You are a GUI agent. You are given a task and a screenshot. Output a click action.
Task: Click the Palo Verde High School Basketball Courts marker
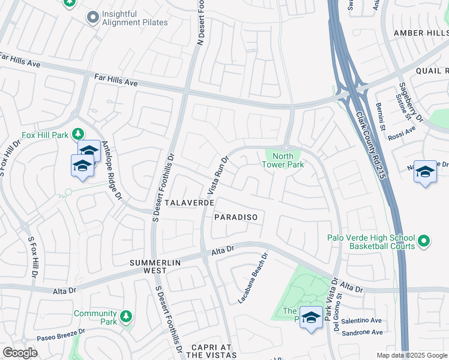(424, 241)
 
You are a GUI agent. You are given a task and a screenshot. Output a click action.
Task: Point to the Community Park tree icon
(125, 316)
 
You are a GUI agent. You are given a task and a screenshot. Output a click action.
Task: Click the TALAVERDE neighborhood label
(190, 203)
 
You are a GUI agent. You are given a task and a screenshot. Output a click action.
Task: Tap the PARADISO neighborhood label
(238, 218)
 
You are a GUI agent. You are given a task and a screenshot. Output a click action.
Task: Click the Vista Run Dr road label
(219, 176)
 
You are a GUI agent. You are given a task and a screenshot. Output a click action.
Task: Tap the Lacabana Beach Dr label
(253, 277)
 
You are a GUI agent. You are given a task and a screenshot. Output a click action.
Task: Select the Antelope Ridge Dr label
(112, 170)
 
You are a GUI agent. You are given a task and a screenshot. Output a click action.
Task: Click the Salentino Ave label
(361, 321)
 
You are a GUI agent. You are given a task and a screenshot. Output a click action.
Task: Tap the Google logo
(20, 353)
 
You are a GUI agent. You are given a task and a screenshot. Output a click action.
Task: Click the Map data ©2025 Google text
(411, 355)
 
